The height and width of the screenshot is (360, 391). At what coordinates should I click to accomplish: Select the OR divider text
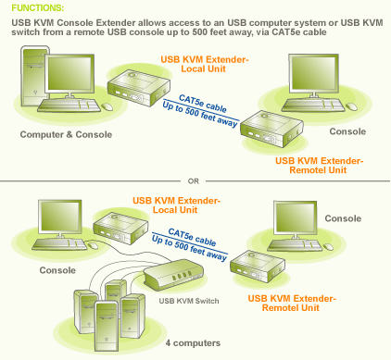point(194,180)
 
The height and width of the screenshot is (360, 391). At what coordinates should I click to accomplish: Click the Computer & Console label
point(66,135)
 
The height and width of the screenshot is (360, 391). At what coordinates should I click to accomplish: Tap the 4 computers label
point(192,342)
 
